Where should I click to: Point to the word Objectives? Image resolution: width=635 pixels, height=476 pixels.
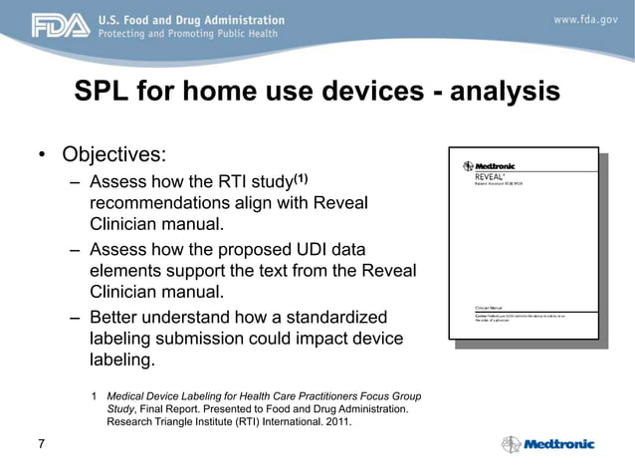[113, 156]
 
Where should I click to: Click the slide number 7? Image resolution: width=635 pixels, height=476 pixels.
[41, 443]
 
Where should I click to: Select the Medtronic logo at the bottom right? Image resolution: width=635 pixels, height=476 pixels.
[548, 444]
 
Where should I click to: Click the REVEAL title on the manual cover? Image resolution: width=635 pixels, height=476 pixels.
[489, 177]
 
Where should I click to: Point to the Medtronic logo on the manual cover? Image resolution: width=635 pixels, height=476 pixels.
[491, 165]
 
